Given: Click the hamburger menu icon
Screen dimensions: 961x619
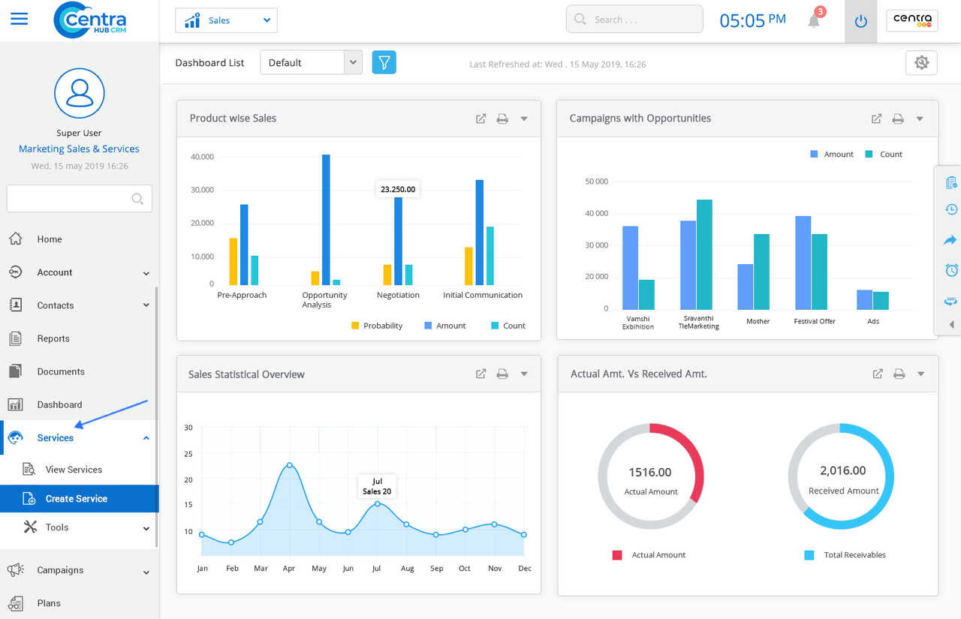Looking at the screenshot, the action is (20, 19).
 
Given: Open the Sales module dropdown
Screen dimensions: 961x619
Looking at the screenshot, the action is (226, 20).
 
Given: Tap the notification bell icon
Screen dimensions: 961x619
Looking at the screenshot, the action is (814, 20).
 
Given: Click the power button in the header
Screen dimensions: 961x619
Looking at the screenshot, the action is (860, 21).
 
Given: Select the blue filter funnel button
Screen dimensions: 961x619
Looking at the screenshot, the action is (384, 62).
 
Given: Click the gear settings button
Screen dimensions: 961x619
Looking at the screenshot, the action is (921, 62).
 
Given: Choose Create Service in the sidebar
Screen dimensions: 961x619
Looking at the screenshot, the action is (77, 498).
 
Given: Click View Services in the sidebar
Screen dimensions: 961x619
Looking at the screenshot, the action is (74, 470).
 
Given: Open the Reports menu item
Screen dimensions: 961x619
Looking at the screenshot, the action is (53, 338).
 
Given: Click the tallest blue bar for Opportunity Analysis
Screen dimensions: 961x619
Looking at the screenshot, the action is (326, 220).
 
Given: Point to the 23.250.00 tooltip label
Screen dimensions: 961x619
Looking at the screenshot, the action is (398, 189).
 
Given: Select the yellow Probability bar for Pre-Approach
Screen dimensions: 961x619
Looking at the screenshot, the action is (233, 262).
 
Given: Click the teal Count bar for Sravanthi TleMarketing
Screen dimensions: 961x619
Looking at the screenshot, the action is (704, 254).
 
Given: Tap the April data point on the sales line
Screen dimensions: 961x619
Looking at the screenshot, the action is (290, 465).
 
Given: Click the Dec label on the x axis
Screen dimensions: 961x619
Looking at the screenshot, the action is (525, 568).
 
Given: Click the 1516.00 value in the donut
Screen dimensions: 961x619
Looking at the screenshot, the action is (650, 472).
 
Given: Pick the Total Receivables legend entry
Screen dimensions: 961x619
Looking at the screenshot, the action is (845, 554).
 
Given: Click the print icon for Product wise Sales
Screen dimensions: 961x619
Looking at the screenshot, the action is (502, 119).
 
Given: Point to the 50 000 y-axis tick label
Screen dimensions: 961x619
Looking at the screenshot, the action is (596, 182).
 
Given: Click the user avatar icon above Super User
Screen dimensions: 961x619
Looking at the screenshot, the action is (80, 93).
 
